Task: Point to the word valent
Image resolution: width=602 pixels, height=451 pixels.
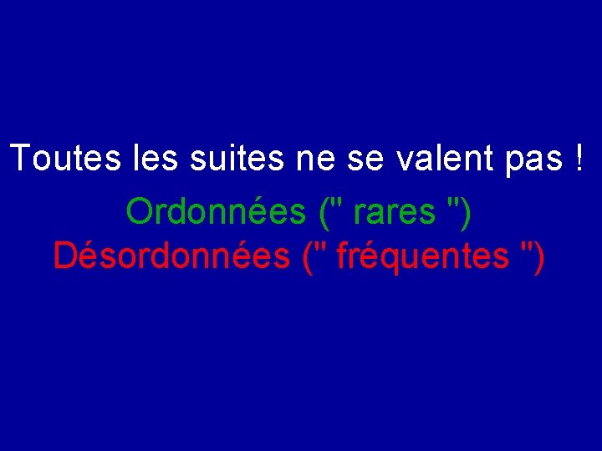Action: (435, 159)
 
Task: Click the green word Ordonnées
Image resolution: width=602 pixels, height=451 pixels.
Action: (216, 212)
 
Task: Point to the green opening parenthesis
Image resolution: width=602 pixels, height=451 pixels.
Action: (324, 214)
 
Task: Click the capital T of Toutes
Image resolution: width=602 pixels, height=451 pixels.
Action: (21, 159)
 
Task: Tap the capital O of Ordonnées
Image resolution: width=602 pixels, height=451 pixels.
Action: (139, 212)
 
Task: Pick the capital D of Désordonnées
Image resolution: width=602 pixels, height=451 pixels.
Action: (64, 256)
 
